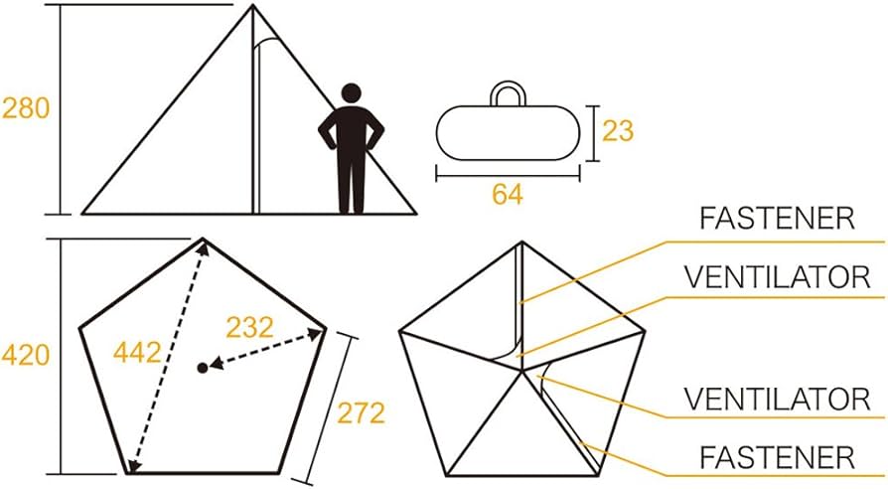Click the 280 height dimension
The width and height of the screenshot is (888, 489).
coord(26,107)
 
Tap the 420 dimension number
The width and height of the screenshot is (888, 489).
coord(26,355)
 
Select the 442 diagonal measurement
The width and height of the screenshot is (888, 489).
coord(137,353)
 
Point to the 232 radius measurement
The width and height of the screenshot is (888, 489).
coord(249,327)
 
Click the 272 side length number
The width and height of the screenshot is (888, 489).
coord(362,412)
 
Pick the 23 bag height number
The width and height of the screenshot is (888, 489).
coord(617,131)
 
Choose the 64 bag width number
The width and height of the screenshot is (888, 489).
coord(508,195)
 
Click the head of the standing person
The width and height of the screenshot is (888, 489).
coord(351,92)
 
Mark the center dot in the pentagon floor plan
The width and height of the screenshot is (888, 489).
coord(203,369)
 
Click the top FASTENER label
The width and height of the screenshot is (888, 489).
coord(777,218)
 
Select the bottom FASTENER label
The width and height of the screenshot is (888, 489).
coord(777,457)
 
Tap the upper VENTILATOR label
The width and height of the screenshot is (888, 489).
coord(777,277)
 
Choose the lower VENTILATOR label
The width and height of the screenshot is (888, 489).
coord(777,399)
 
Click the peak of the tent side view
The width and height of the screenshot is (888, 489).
coord(253,5)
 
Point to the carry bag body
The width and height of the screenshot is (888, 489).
coord(508,133)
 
